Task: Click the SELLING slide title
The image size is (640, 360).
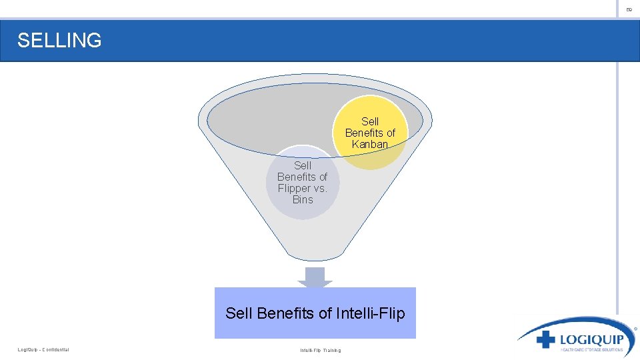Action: pyautogui.click(x=59, y=41)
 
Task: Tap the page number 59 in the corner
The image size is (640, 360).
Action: pyautogui.click(x=629, y=9)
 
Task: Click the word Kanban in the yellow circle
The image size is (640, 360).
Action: pyautogui.click(x=370, y=144)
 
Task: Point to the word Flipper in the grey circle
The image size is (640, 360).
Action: pyautogui.click(x=294, y=188)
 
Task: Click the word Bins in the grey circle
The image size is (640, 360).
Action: pyautogui.click(x=303, y=199)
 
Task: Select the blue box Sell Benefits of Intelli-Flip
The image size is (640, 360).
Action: pyautogui.click(x=315, y=313)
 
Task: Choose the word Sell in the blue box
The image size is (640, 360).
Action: pyautogui.click(x=239, y=313)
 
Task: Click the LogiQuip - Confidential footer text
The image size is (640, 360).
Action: pyautogui.click(x=43, y=350)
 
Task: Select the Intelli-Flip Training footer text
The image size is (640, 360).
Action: pyautogui.click(x=320, y=350)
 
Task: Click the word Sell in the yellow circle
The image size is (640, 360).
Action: pyautogui.click(x=370, y=121)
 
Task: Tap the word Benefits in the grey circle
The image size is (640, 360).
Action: pyautogui.click(x=302, y=177)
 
